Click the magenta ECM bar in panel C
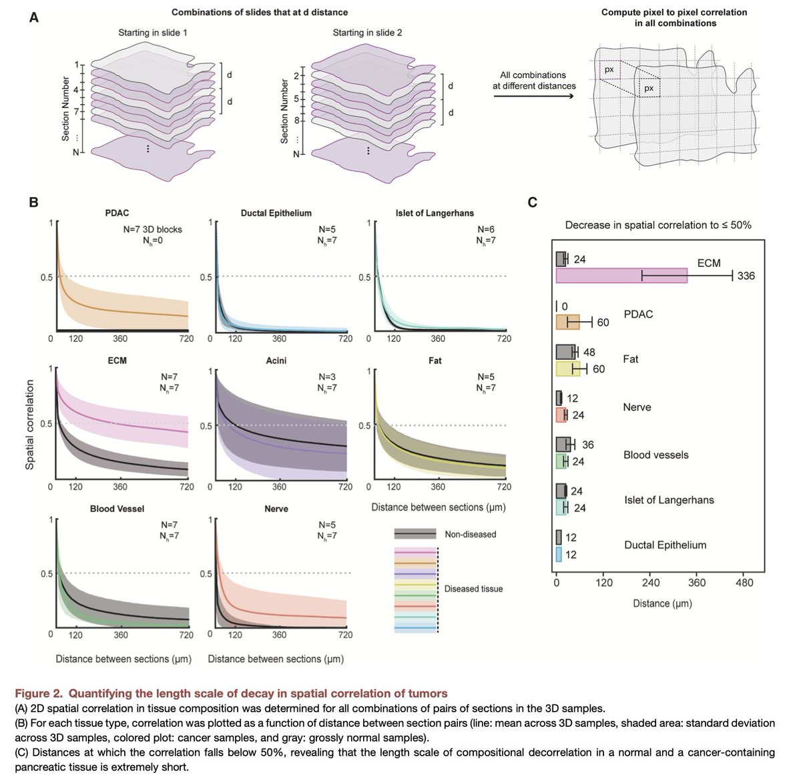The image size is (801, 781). point(621,276)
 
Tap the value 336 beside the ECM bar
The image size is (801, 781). point(746,276)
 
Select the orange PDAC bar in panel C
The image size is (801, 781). point(568,322)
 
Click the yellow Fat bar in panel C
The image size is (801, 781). point(568,368)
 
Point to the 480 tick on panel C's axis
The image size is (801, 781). point(744,583)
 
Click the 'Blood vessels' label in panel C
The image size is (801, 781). point(655,455)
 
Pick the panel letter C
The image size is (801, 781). point(533,202)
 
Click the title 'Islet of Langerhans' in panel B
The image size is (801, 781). point(435,213)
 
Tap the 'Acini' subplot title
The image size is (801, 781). point(276,360)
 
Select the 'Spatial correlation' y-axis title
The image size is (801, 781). point(29,425)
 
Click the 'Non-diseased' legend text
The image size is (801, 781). point(471,534)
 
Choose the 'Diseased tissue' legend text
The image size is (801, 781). point(473,589)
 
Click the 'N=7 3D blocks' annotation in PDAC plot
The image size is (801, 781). point(152,229)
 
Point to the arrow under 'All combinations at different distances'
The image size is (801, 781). point(533,97)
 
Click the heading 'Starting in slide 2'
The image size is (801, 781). point(367,32)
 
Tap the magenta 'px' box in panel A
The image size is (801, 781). point(609,70)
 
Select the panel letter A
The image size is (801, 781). point(33,17)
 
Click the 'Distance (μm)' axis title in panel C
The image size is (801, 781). point(662,603)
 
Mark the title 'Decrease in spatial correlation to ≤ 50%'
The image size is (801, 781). point(657,225)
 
